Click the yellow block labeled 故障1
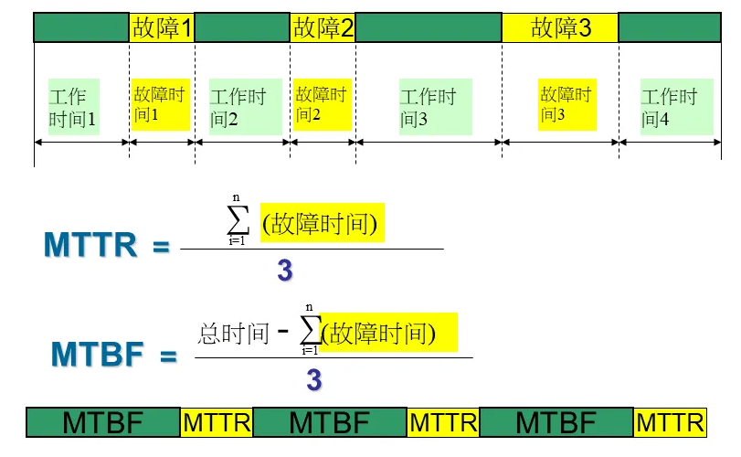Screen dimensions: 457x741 click(x=162, y=27)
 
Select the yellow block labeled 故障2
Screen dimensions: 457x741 click(x=323, y=27)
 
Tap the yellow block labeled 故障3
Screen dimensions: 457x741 click(x=560, y=27)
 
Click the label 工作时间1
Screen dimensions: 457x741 click(x=73, y=107)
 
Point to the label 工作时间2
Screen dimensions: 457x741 click(x=238, y=107)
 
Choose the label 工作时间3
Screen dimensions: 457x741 click(x=428, y=107)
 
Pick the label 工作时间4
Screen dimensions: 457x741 click(x=669, y=107)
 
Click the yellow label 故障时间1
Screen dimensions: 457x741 click(x=160, y=103)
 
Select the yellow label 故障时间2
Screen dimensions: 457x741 click(x=320, y=103)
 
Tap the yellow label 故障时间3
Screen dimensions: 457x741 click(x=566, y=103)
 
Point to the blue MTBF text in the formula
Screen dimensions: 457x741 click(x=94, y=355)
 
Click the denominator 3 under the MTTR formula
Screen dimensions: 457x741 click(x=285, y=270)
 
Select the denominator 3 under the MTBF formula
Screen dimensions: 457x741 click(x=313, y=379)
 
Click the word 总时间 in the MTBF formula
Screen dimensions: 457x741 click(x=233, y=334)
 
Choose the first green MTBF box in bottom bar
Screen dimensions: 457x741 click(x=102, y=422)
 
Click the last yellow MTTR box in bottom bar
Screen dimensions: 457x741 click(x=670, y=422)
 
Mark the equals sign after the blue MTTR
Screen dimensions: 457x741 click(x=161, y=247)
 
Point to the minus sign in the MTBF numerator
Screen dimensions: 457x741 click(x=283, y=331)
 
